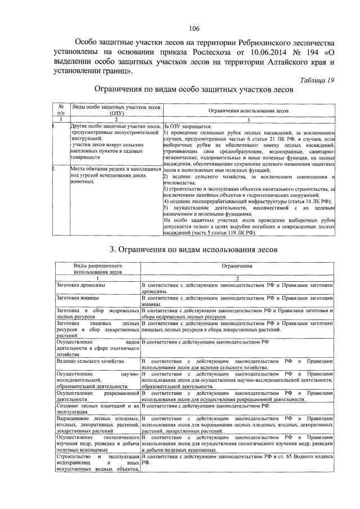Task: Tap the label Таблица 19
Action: pyautogui.click(x=316, y=80)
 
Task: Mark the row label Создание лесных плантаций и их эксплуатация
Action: pyautogui.click(x=97, y=409)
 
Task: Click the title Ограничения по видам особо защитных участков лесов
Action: pyautogui.click(x=193, y=89)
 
